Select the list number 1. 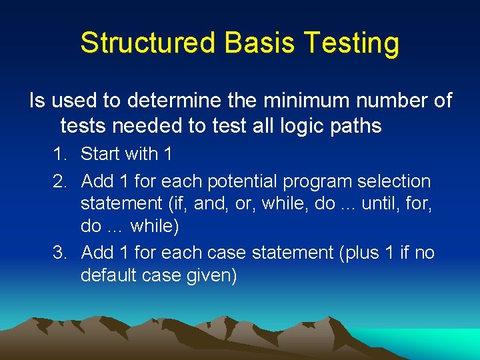point(60,154)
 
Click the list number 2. point(60,181)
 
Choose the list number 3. point(60,253)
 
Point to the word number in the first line point(389,101)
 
